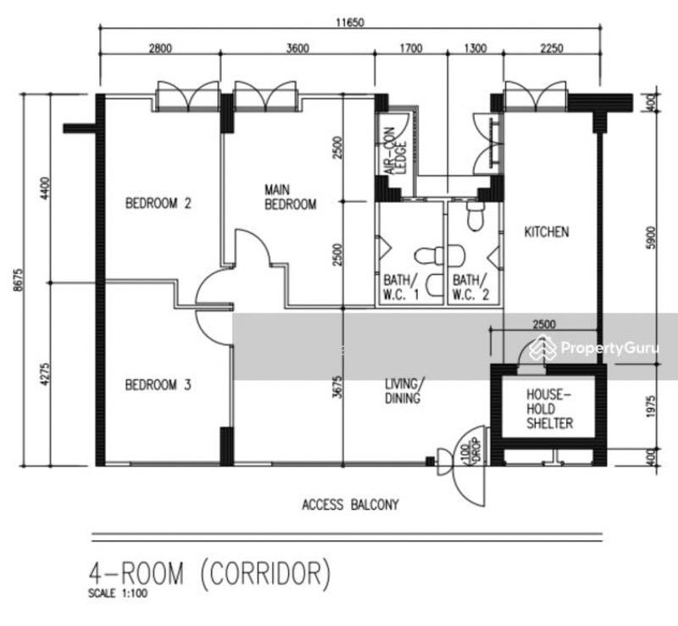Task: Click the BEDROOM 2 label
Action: pyautogui.click(x=159, y=203)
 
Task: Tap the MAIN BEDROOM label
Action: pyautogui.click(x=290, y=197)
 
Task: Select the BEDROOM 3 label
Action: pyautogui.click(x=158, y=385)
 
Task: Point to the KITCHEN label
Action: pyautogui.click(x=547, y=232)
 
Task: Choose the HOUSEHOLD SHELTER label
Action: pyautogui.click(x=549, y=409)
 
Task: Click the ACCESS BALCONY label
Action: pyautogui.click(x=350, y=505)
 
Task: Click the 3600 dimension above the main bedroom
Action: pyautogui.click(x=297, y=48)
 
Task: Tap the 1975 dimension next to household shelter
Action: pyautogui.click(x=651, y=408)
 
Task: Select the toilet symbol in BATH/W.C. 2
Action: pyautogui.click(x=475, y=215)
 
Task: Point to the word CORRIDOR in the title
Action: pyautogui.click(x=263, y=573)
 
